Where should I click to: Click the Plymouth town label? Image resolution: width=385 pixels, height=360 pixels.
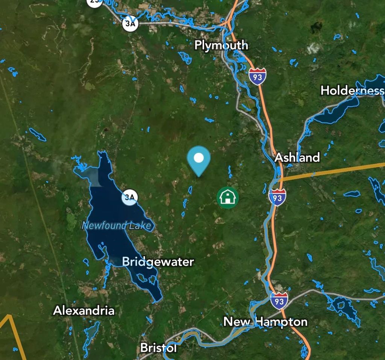coord(221,45)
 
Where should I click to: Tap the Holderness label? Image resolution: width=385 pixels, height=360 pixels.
coord(352,91)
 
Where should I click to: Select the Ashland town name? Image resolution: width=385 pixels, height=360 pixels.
coord(297,157)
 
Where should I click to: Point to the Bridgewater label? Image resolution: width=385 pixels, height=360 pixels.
coord(158,261)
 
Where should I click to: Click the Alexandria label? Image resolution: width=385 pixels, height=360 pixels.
coord(84,311)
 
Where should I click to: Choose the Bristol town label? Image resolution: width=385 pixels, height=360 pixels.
coord(158,348)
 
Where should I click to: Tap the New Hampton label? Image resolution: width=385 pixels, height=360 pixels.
coord(265,322)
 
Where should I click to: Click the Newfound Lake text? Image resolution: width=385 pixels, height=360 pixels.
coord(118,226)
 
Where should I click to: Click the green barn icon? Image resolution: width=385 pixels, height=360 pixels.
coord(227,197)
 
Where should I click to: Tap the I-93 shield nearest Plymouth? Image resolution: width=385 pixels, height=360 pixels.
coord(257,76)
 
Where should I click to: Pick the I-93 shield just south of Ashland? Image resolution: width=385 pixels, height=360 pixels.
coord(277,197)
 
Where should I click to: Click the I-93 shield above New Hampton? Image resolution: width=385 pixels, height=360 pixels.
coord(279,301)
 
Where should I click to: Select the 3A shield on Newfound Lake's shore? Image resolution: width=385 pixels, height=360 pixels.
coord(130,197)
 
